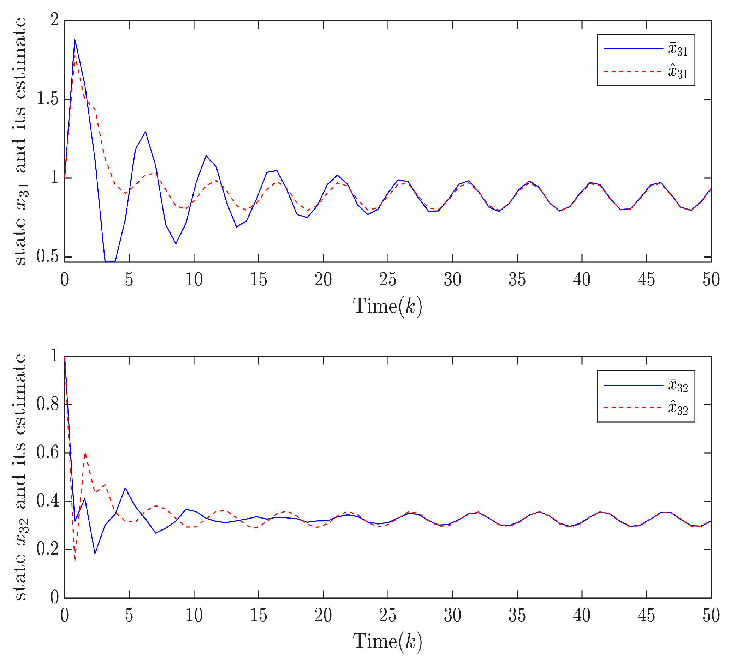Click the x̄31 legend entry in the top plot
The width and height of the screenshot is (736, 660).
(x=677, y=49)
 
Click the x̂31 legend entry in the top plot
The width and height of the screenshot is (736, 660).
(x=677, y=72)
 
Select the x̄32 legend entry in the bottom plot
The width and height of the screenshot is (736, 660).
(x=677, y=386)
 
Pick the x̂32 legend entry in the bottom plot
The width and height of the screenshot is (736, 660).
(x=677, y=408)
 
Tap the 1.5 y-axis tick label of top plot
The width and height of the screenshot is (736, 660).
(x=48, y=99)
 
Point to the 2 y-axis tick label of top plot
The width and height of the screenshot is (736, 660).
(x=54, y=20)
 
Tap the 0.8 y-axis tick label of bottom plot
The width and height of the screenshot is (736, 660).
(x=48, y=404)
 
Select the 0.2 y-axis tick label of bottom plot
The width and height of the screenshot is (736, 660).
(x=48, y=550)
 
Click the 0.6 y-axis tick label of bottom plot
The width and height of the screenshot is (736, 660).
(x=48, y=453)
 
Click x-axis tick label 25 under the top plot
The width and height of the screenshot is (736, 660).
(x=388, y=280)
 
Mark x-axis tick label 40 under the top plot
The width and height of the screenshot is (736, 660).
(x=582, y=280)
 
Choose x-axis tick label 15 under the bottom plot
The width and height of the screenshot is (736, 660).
(x=259, y=616)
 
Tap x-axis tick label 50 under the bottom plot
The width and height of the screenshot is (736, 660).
(x=711, y=616)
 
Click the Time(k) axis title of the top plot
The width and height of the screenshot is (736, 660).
(x=387, y=307)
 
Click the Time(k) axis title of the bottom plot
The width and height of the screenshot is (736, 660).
(x=387, y=642)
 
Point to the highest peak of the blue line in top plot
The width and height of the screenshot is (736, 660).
(x=75, y=39)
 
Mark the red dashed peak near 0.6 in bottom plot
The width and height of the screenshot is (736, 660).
(x=85, y=453)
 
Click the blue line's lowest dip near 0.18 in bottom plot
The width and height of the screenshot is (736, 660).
(x=95, y=553)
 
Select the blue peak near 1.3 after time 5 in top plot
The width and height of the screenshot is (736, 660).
(x=146, y=132)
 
